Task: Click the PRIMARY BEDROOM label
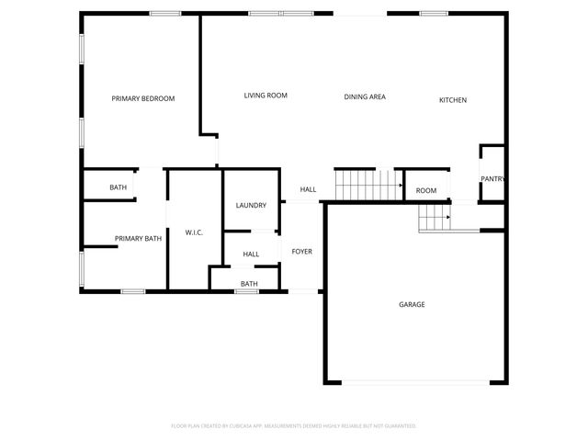coord(142,98)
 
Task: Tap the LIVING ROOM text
coord(266,96)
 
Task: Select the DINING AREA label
coord(365,96)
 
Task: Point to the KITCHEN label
coord(452,99)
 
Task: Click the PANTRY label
coord(493,179)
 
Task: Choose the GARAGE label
coord(412,304)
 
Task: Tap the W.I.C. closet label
coord(194,232)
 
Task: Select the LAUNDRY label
coord(251,205)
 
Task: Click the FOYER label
coord(302,251)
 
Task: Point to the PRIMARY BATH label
coord(138,239)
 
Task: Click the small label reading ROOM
coord(426,190)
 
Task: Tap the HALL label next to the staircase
coord(308,189)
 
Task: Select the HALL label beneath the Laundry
coord(251,254)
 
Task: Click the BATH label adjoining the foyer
coord(249,284)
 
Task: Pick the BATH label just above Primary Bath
coord(118,187)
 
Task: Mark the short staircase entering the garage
coord(435,219)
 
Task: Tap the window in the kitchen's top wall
coord(434,14)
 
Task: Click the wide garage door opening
coord(415,383)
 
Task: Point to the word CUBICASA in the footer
coord(266,425)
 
